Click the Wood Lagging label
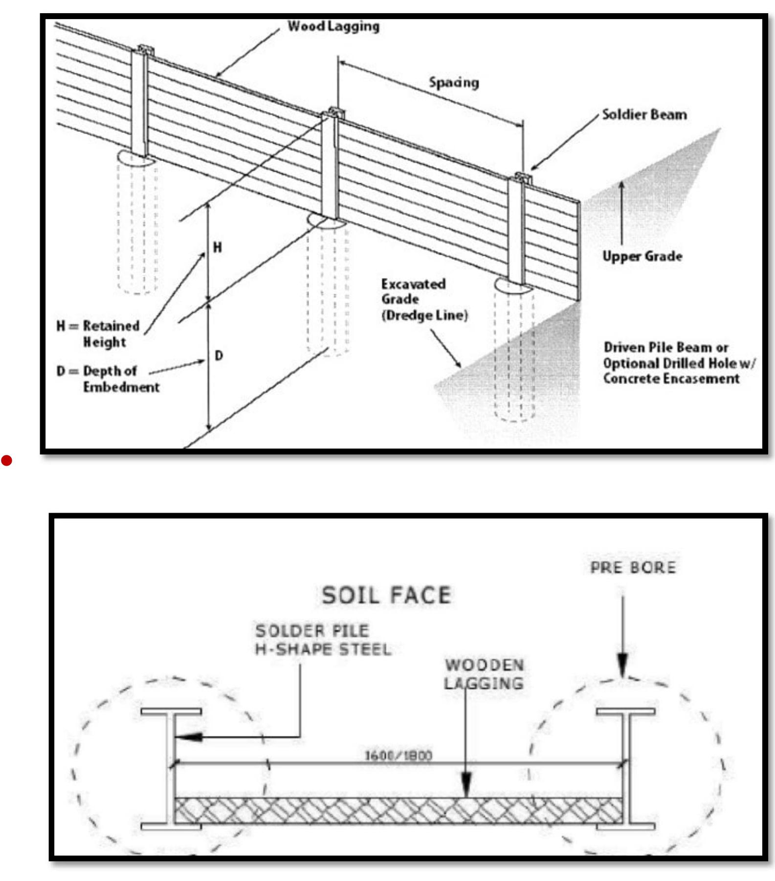pyautogui.click(x=333, y=26)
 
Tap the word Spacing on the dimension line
pyautogui.click(x=454, y=82)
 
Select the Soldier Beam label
pyautogui.click(x=644, y=115)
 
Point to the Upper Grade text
pyautogui.click(x=642, y=256)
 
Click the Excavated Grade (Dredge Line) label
pyautogui.click(x=423, y=300)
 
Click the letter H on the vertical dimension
pyautogui.click(x=217, y=248)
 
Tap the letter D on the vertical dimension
pyautogui.click(x=219, y=355)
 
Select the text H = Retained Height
pyautogui.click(x=98, y=334)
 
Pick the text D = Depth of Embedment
pyautogui.click(x=108, y=379)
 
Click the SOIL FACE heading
pyautogui.click(x=386, y=595)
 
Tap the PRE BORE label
pyautogui.click(x=633, y=567)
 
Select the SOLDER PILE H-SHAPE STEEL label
pyautogui.click(x=323, y=640)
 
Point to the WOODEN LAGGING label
pyautogui.click(x=484, y=674)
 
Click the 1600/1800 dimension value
pyautogui.click(x=399, y=755)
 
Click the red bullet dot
pyautogui.click(x=6, y=460)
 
